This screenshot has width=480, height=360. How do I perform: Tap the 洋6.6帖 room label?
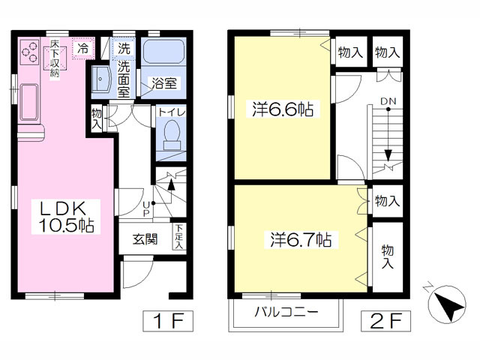click(x=283, y=109)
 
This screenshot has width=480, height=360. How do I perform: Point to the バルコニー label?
click(x=286, y=313)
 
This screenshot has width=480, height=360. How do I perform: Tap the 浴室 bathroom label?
click(x=164, y=83)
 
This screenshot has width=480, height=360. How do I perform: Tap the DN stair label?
click(x=388, y=100)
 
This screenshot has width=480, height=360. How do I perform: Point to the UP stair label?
click(x=146, y=206)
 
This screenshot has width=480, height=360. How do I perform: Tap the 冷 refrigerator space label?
click(x=85, y=49)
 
